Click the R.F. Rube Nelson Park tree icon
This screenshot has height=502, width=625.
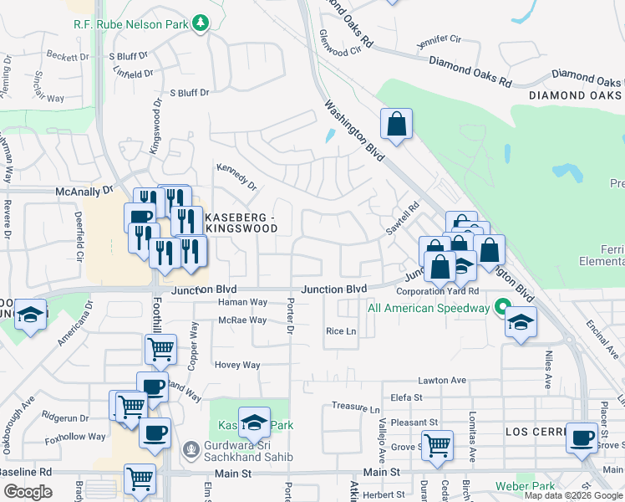[x=200, y=23]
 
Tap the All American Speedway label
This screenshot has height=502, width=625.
[x=429, y=308]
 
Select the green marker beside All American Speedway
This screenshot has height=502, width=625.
[x=502, y=308]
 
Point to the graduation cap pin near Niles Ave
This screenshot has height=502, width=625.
[x=520, y=322]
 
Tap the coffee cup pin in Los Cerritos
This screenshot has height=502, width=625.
[x=582, y=437]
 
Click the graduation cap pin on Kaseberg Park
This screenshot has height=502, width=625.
[x=254, y=423]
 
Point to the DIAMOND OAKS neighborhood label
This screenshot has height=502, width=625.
[x=576, y=96]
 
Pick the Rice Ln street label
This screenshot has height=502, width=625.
[x=341, y=331]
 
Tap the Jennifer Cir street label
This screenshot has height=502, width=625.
[x=440, y=39]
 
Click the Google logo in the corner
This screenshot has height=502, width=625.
[x=28, y=492]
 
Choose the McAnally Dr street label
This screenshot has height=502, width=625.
[x=84, y=191]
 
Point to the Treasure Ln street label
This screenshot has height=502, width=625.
[x=356, y=407]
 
